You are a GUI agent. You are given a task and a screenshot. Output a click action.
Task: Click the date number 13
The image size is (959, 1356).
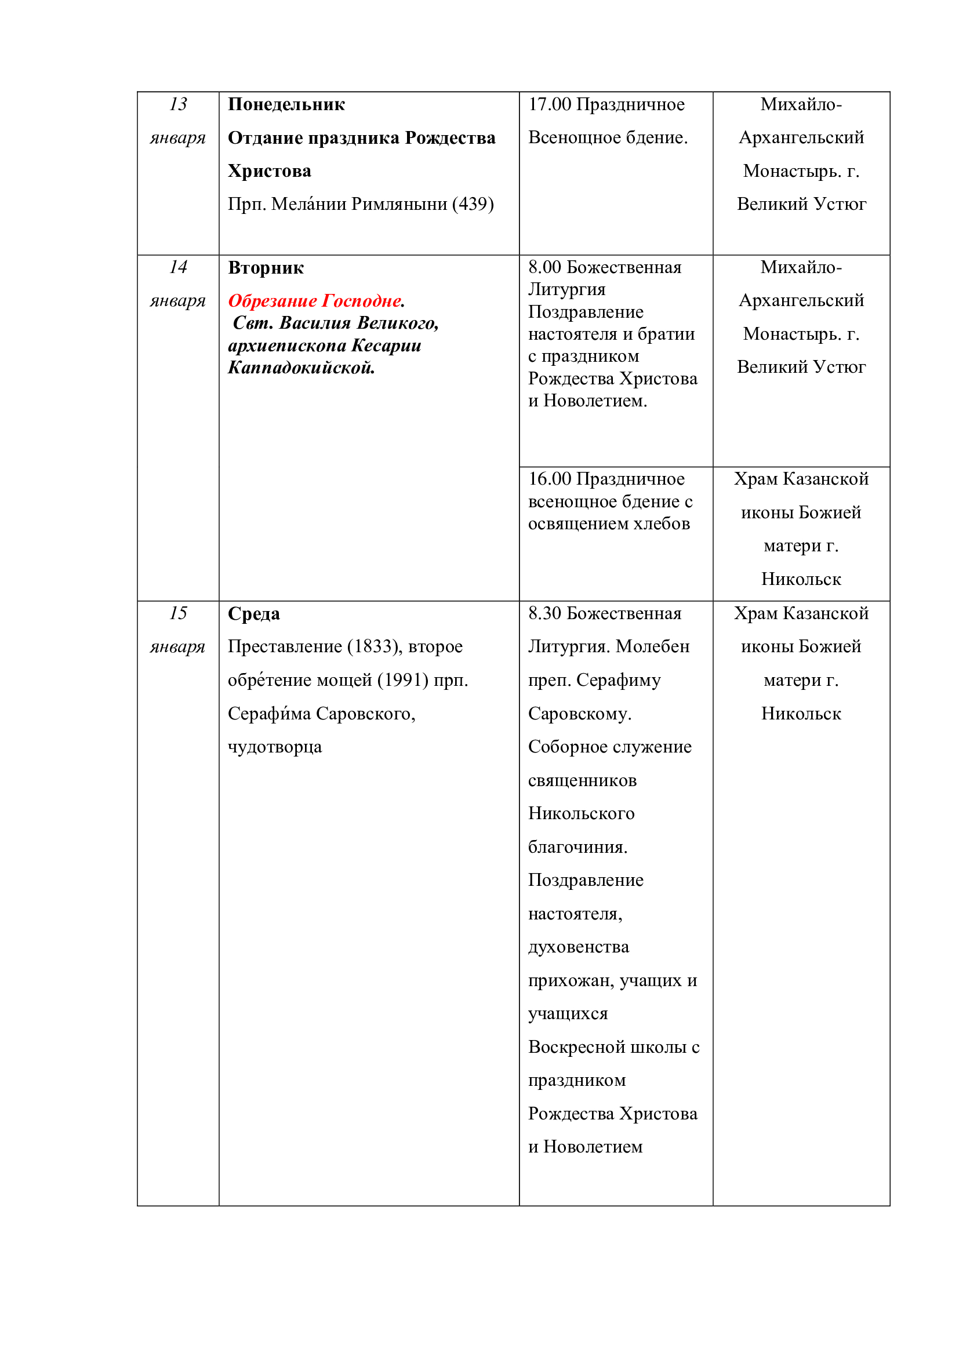178,104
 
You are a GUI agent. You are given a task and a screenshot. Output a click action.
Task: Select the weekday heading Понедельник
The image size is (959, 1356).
286,104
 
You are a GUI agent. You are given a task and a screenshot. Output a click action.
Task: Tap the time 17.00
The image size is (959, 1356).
549,104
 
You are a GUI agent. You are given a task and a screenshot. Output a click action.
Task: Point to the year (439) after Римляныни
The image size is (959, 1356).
473,204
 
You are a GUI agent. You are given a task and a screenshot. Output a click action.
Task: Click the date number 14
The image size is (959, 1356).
178,267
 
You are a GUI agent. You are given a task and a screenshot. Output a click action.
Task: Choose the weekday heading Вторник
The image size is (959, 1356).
266,268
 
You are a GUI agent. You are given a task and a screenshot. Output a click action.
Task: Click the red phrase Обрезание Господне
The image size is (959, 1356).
315,301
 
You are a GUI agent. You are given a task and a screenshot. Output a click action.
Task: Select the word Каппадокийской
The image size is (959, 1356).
301,368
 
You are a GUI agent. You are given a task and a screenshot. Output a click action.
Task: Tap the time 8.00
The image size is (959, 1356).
544,267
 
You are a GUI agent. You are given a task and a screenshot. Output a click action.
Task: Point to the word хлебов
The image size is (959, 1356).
660,524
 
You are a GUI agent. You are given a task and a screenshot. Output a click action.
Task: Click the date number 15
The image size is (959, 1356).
178,613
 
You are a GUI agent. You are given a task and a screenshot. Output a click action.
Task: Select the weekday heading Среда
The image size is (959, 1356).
254,614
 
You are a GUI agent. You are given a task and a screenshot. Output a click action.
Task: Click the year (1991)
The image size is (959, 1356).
403,681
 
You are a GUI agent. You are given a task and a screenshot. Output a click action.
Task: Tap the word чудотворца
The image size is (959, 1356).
275,747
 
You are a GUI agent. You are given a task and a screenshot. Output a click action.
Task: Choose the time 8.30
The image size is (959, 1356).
544,613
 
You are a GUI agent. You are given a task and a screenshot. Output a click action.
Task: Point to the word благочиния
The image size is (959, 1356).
577,848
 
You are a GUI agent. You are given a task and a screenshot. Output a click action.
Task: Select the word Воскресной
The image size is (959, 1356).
576,1047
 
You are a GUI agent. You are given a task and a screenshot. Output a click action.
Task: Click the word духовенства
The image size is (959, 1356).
578,947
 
